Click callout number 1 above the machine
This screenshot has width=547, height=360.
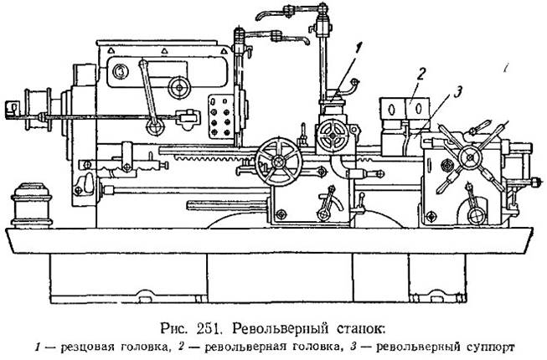[357, 49]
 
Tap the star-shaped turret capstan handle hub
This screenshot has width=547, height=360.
[470, 155]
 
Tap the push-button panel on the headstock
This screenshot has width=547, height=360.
[221, 117]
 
